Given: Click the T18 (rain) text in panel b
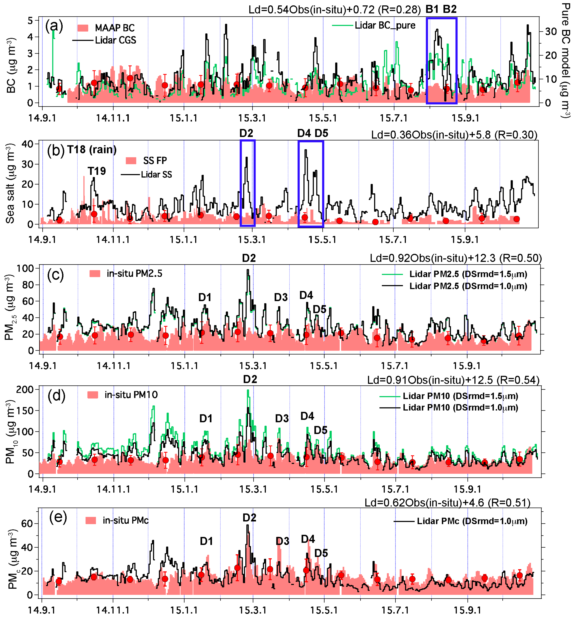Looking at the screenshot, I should (92, 150).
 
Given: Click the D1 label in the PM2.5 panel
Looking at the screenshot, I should (205, 298).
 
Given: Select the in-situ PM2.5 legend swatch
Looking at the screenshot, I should (95, 274).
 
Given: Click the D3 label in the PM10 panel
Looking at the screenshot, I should (282, 419).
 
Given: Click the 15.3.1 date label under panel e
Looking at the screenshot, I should (253, 610).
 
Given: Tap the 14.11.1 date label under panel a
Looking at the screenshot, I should (113, 118).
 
